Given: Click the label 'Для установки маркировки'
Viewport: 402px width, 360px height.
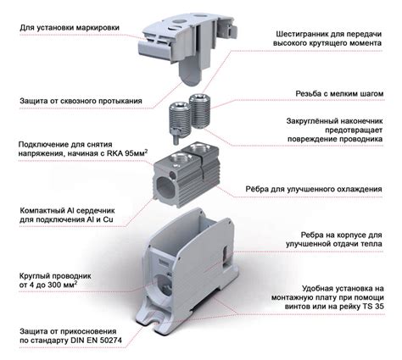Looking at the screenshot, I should [69, 28].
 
